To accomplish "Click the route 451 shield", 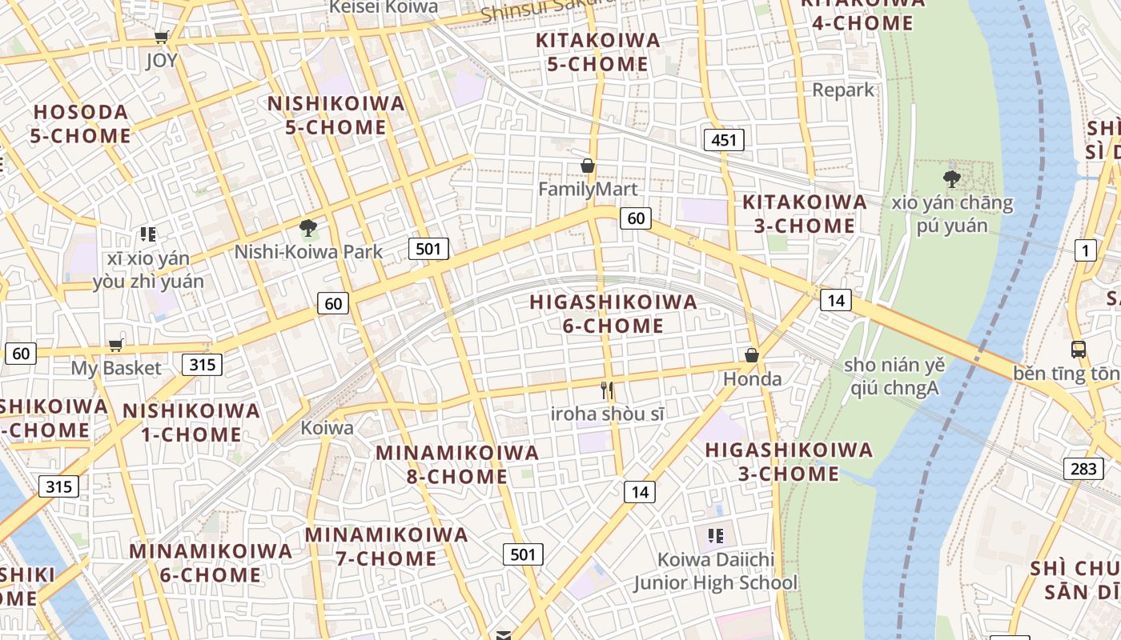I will point(724,141).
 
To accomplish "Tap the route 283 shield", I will point(1083,468).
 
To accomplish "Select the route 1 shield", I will point(1085,251).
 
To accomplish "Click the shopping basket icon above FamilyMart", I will point(588,166).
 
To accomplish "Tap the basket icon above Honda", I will point(751,355).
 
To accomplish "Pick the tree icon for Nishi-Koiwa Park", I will point(307,229).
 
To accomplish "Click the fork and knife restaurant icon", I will point(607,390).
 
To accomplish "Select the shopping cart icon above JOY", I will point(162,37).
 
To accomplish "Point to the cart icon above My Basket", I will point(116,346).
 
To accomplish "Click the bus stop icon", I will point(1078,349).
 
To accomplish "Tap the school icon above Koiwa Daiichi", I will point(715,535).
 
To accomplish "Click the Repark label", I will point(843,90).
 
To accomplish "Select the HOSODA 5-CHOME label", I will point(81,124).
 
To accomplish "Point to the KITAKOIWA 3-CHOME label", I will point(805,214).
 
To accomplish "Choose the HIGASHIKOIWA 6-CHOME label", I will point(613,314).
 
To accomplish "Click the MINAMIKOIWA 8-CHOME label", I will point(457,464).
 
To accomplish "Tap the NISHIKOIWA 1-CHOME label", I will point(191,422).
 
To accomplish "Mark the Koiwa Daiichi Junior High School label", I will point(716,571).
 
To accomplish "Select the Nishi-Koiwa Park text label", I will point(308,252).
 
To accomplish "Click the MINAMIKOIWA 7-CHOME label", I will point(386,546).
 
